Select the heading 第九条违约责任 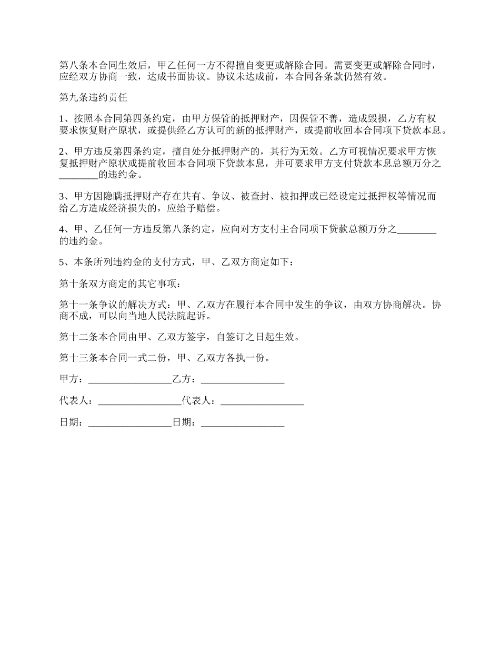point(93,97)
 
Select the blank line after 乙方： point(243,380)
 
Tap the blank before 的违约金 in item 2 point(79,176)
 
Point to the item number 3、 point(64,197)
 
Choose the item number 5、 point(64,262)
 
